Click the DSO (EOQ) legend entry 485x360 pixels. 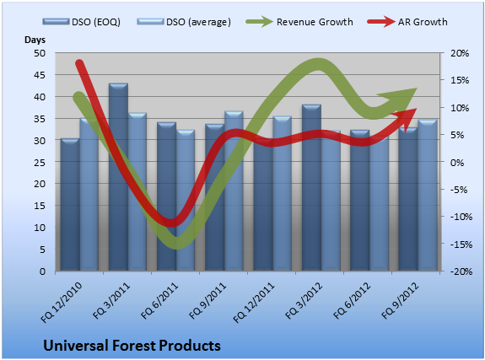tap(82, 22)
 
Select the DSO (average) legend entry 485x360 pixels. tap(184, 22)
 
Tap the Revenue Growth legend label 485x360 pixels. tap(315, 22)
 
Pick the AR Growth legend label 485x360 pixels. tap(423, 22)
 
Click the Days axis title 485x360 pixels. tap(35, 40)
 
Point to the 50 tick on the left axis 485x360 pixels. tap(40, 53)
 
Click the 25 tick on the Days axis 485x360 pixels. tap(40, 163)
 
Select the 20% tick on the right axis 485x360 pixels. tap(460, 53)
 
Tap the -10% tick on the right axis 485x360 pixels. tap(461, 217)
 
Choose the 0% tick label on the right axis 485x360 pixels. tap(457, 163)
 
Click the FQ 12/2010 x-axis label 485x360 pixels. tap(62, 302)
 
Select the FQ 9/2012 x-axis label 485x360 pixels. tap(400, 301)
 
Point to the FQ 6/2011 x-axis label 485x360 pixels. tap(159, 301)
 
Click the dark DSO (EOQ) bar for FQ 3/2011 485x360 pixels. tap(118, 177)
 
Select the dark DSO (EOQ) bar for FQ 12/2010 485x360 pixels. tap(70, 205)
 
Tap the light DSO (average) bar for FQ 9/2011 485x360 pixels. tap(234, 191)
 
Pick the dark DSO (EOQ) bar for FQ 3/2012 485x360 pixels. tap(311, 188)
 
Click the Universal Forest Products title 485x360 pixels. tap(132, 346)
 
